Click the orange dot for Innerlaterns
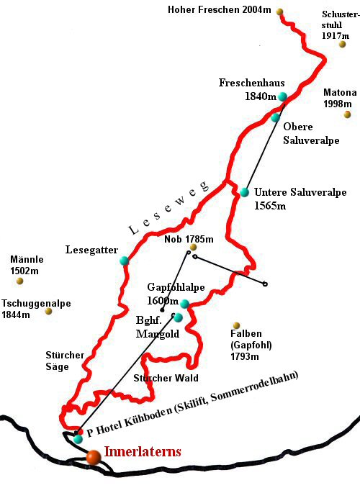(x=93, y=456)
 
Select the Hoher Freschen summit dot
(x=279, y=12)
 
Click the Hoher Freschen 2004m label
(x=220, y=9)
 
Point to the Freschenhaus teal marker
(x=282, y=96)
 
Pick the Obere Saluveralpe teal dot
(x=275, y=117)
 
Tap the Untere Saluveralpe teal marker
(x=245, y=192)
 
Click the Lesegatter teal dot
(x=124, y=261)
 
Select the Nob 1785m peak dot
(x=193, y=248)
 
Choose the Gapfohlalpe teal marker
(x=184, y=303)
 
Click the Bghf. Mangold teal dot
(x=178, y=317)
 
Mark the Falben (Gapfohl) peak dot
(x=236, y=326)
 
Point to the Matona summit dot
(x=347, y=114)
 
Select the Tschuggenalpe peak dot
(x=48, y=311)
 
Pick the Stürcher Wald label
(x=166, y=377)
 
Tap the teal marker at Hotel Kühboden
(x=78, y=438)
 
